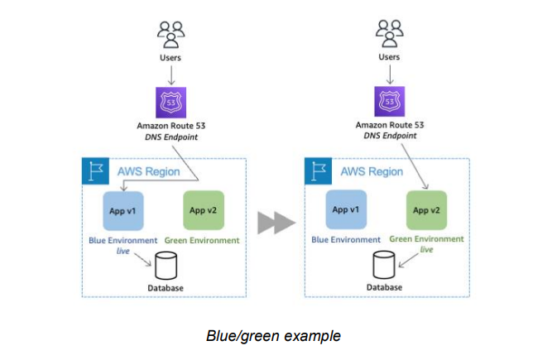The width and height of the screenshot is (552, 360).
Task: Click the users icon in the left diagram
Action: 170,35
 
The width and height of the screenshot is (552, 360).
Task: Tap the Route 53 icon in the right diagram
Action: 390,101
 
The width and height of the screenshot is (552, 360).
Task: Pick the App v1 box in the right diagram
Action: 345,210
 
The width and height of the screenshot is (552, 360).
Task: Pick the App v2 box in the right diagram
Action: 426,210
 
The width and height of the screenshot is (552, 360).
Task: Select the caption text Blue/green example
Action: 274,335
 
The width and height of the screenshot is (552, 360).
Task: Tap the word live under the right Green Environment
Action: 426,249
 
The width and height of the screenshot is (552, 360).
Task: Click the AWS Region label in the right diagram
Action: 372,171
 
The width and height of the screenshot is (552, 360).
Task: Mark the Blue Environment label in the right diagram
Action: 345,239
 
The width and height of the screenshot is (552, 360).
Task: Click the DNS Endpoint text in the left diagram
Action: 170,136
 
